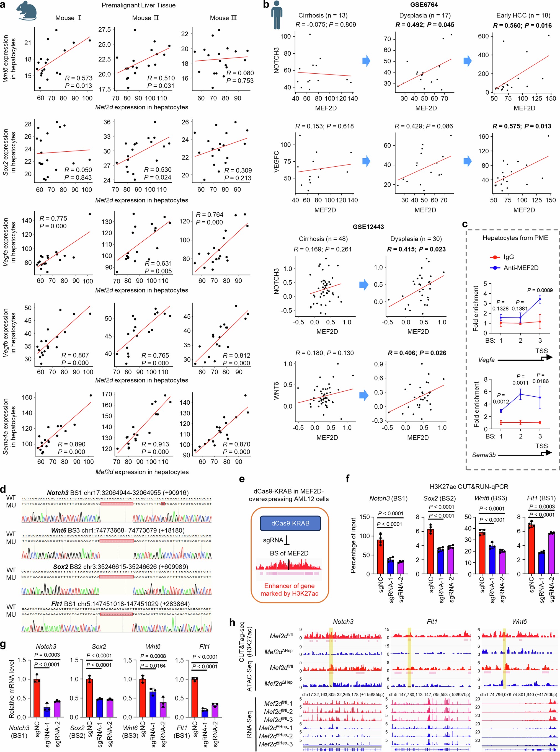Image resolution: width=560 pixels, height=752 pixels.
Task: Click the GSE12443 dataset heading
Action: (x=368, y=227)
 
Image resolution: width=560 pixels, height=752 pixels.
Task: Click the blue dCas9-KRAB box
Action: (x=290, y=523)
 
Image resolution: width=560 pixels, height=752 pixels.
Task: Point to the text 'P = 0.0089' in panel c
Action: (x=540, y=290)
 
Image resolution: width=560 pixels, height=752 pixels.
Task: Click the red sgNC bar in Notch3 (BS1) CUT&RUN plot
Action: (x=381, y=557)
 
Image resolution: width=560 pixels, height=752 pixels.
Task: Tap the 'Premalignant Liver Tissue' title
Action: (x=138, y=5)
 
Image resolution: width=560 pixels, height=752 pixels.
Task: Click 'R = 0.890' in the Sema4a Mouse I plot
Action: (x=71, y=444)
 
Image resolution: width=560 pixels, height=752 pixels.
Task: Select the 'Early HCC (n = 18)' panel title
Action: (x=524, y=15)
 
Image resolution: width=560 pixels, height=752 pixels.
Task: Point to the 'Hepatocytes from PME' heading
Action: (x=515, y=238)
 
